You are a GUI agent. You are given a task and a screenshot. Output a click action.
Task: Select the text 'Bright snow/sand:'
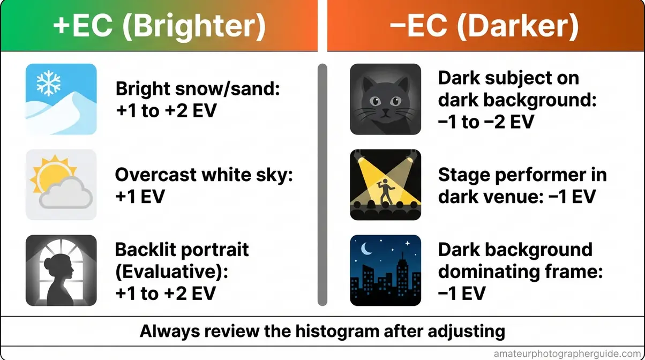click(x=198, y=89)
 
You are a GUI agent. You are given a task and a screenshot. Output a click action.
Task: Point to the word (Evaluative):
click(x=172, y=271)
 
